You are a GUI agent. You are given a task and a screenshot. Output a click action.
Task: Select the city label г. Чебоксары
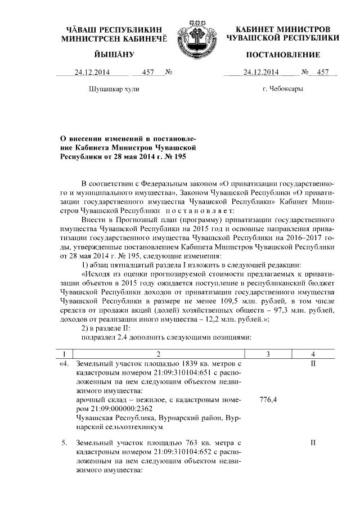(x=283, y=89)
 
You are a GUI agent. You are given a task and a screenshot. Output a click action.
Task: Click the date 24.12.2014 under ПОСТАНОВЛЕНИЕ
(x=261, y=72)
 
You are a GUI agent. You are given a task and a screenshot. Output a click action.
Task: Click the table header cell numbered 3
(x=267, y=353)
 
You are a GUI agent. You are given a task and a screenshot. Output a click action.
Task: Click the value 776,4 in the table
(x=267, y=400)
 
